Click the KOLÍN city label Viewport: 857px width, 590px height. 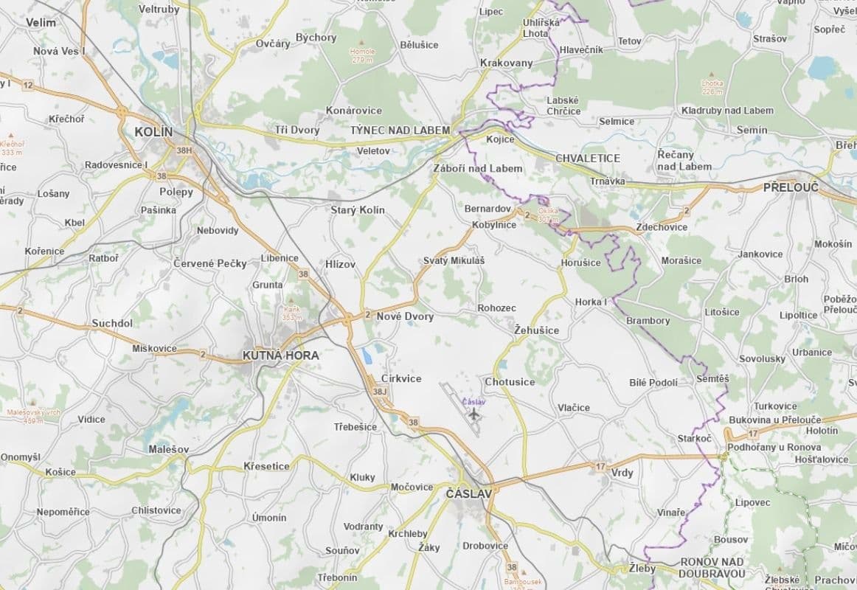[x=153, y=132]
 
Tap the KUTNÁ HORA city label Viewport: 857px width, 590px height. [x=280, y=355]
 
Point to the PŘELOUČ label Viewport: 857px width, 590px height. [x=791, y=187]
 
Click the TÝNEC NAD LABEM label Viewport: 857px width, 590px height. [x=400, y=130]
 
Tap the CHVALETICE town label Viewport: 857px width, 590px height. [x=587, y=158]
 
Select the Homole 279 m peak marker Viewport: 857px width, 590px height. [x=362, y=43]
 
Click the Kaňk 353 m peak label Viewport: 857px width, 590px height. [x=291, y=313]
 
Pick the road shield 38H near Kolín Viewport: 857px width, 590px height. [x=184, y=150]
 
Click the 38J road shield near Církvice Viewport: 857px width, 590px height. [x=380, y=391]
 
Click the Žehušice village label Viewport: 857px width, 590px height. [x=536, y=330]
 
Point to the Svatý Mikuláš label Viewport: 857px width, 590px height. [x=454, y=260]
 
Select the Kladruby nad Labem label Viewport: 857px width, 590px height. [x=726, y=111]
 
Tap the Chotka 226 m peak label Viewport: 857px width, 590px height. [x=712, y=88]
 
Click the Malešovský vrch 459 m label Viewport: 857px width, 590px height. [x=33, y=416]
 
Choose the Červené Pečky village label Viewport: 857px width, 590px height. [x=209, y=263]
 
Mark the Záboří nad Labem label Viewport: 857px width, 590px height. [x=477, y=168]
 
